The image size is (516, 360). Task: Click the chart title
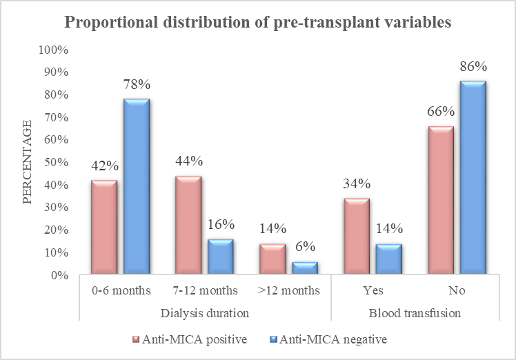(258, 22)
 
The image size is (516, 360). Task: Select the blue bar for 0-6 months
(137, 186)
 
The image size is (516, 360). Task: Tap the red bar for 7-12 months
(188, 225)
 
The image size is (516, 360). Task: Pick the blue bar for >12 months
(305, 268)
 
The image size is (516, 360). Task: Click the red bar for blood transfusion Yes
(357, 236)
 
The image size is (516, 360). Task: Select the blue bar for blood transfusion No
(473, 177)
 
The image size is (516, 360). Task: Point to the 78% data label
(137, 85)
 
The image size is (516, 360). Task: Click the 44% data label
(189, 161)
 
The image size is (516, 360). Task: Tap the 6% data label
(305, 247)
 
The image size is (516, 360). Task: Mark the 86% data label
(473, 66)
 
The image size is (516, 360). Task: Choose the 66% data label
(441, 112)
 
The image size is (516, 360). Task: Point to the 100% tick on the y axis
(54, 50)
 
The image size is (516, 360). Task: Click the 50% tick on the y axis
(57, 162)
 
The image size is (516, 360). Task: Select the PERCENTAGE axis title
(28, 162)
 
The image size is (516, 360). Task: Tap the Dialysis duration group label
(205, 312)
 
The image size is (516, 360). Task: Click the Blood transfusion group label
(415, 312)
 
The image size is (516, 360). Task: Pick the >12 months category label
(289, 290)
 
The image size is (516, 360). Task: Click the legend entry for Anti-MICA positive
(190, 339)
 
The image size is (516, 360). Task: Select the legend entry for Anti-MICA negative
(328, 339)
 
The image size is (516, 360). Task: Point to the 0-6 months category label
(121, 290)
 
